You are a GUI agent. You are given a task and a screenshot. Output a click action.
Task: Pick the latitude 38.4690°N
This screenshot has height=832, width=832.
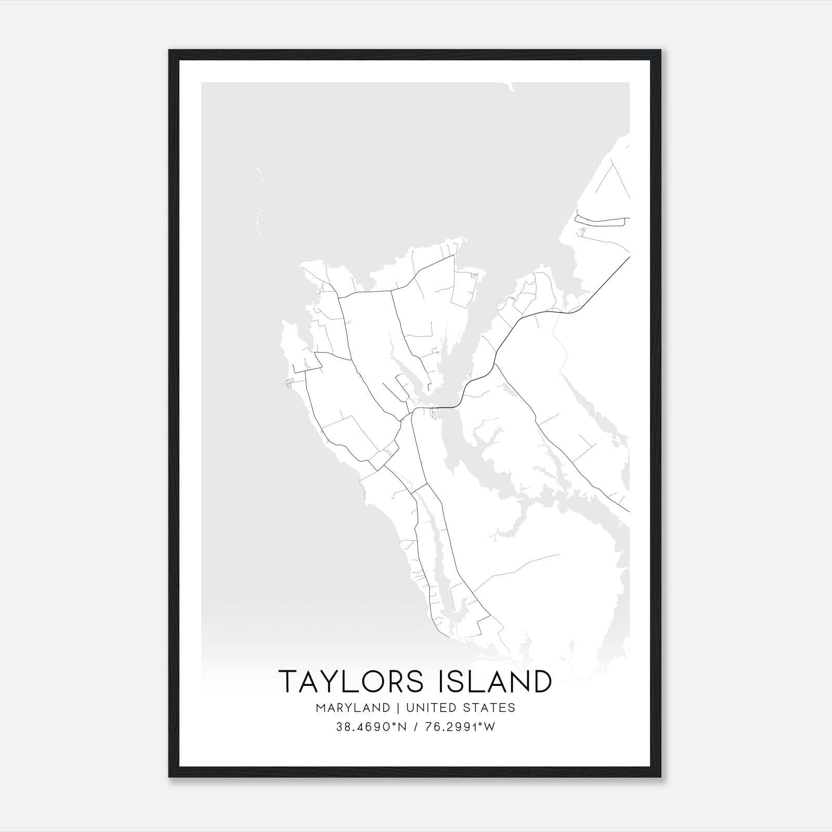pos(369,727)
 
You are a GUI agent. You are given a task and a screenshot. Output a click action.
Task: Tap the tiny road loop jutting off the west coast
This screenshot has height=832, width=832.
pos(288,383)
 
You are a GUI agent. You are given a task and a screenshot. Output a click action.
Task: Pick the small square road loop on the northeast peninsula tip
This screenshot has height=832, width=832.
pos(473,276)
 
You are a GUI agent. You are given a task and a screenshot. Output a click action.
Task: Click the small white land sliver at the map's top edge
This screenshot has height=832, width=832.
pos(511,86)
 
